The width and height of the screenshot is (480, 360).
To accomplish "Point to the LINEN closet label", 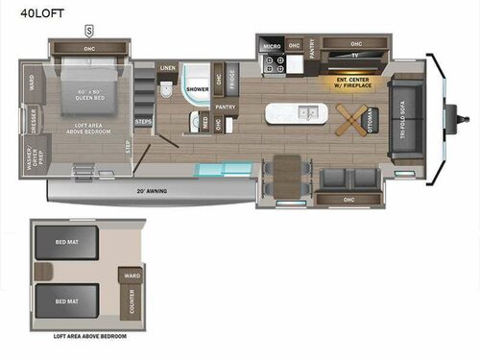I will click(168, 69).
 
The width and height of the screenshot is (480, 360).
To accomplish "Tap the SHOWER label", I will click(197, 88).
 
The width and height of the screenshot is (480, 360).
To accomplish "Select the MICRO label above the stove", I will click(272, 45).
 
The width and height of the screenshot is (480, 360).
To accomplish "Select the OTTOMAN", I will click(370, 119).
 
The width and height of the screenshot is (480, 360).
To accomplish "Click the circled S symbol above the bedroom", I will click(88, 29).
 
